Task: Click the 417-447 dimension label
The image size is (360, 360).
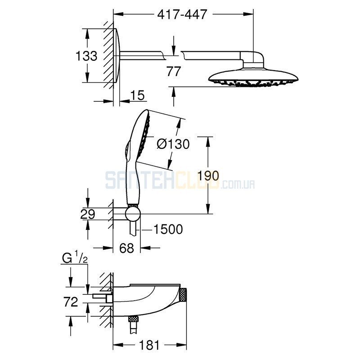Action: tap(182, 14)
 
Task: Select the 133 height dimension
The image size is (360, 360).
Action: tap(86, 56)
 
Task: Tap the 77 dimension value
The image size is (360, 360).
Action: tap(174, 71)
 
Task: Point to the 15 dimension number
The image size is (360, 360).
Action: tap(138, 95)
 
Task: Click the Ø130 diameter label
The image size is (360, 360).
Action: tap(173, 144)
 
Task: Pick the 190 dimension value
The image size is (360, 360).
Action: tap(208, 176)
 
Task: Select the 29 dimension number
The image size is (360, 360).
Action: tap(88, 214)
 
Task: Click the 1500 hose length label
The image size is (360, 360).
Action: tap(168, 229)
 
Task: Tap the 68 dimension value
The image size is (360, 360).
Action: tap(126, 248)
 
